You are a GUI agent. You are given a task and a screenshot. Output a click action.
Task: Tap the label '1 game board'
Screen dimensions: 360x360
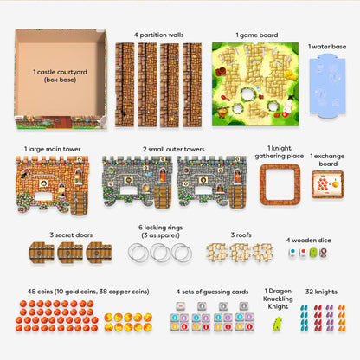click(257, 35)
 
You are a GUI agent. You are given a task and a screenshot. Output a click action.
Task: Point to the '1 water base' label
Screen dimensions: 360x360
click(328, 46)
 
